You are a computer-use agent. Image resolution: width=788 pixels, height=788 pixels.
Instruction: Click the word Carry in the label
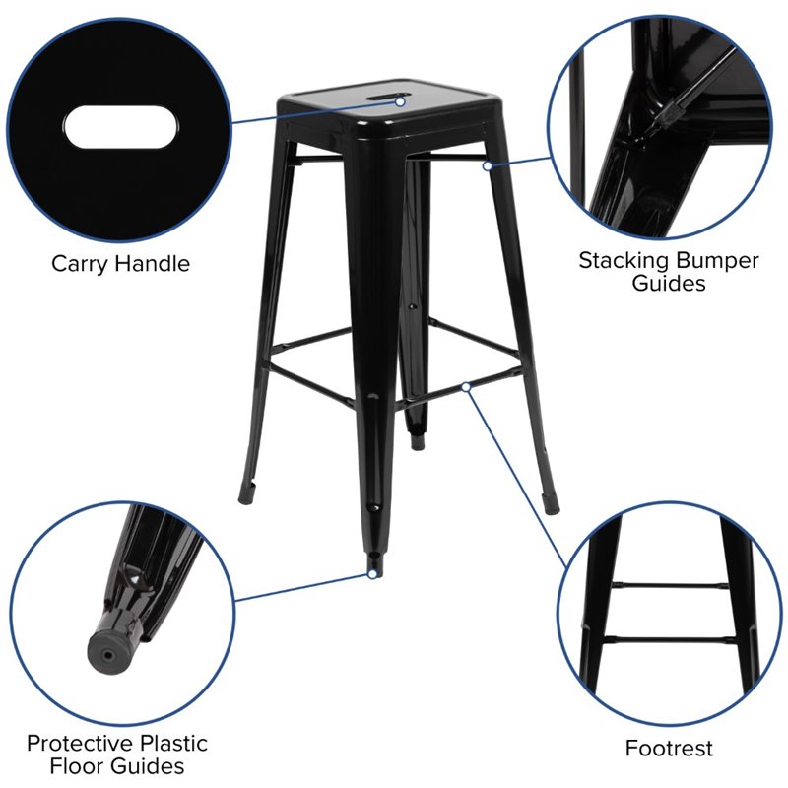(79, 264)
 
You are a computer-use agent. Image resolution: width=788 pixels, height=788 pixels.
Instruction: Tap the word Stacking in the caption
(624, 261)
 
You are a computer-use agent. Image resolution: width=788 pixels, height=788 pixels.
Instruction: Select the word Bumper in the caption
(717, 261)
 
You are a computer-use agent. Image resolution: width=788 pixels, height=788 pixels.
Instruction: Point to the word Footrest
(669, 748)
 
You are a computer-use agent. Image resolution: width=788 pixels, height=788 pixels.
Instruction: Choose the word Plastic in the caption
(174, 744)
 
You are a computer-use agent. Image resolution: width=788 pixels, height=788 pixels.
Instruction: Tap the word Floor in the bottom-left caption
(78, 766)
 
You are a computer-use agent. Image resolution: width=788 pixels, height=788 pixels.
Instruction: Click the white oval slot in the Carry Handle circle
(120, 128)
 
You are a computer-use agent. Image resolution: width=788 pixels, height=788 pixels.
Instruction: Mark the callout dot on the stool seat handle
(400, 102)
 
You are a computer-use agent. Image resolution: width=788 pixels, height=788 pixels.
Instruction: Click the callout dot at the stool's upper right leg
(487, 165)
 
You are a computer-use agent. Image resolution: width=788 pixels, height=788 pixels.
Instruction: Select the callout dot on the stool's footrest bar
(466, 387)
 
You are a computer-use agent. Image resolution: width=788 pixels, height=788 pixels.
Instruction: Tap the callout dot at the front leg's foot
(372, 574)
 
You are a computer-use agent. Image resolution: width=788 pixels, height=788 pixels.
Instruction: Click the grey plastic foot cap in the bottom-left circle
(111, 651)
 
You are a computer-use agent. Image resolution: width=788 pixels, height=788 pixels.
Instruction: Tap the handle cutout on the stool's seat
(386, 98)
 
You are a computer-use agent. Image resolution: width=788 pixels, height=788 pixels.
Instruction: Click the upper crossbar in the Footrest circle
(670, 586)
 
